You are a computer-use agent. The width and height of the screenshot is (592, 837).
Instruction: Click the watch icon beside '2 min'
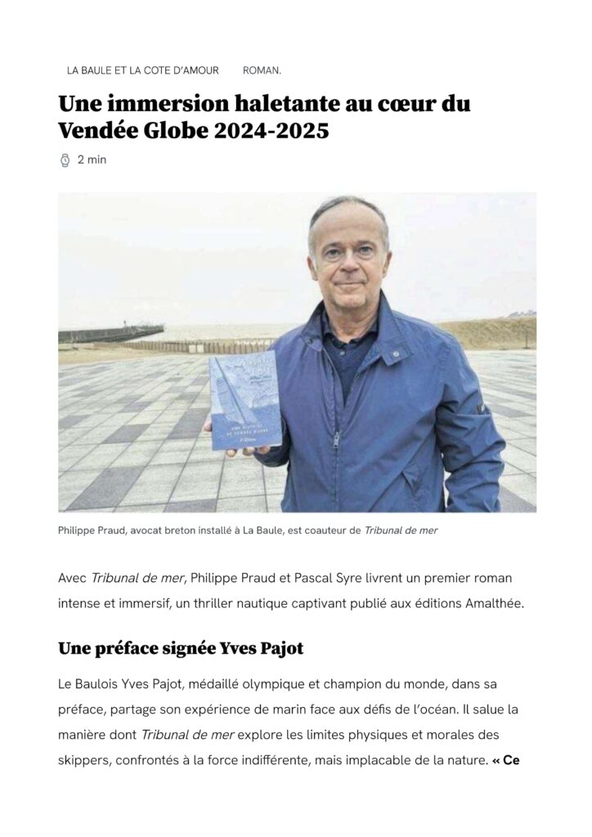click(65, 160)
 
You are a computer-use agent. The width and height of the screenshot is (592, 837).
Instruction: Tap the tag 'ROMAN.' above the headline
click(262, 70)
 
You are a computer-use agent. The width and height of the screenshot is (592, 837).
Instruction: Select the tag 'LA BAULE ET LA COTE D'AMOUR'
click(143, 70)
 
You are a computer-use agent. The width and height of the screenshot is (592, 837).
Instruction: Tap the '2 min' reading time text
click(92, 160)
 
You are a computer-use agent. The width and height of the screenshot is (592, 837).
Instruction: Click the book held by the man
click(244, 401)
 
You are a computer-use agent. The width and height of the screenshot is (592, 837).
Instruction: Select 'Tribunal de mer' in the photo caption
click(401, 530)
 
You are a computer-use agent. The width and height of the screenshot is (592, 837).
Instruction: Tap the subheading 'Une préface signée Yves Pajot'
click(180, 649)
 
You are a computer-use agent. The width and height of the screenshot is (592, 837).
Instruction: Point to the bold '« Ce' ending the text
click(507, 760)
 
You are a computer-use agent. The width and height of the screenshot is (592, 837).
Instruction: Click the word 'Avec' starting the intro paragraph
click(72, 578)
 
